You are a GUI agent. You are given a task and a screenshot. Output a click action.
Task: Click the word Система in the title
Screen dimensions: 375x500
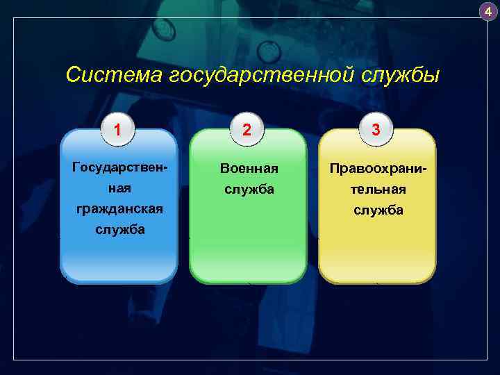[114, 74]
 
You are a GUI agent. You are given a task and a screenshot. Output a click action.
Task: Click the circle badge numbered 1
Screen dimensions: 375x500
[119, 129]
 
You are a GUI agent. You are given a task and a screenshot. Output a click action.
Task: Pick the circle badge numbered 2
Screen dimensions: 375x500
[247, 129]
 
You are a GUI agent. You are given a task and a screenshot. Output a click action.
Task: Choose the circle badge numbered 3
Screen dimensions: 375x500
[376, 129]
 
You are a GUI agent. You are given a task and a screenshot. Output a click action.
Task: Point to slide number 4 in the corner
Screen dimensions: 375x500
[487, 11]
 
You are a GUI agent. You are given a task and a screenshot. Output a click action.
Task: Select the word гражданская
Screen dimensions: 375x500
[119, 209]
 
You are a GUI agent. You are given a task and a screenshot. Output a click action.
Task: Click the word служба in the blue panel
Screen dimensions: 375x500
[119, 230]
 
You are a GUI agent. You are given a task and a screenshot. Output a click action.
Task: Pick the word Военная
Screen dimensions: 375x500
[248, 169]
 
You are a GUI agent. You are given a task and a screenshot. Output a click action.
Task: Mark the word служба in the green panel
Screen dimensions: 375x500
[248, 189]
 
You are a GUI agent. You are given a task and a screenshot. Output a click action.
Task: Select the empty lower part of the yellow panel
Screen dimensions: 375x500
[377, 250]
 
